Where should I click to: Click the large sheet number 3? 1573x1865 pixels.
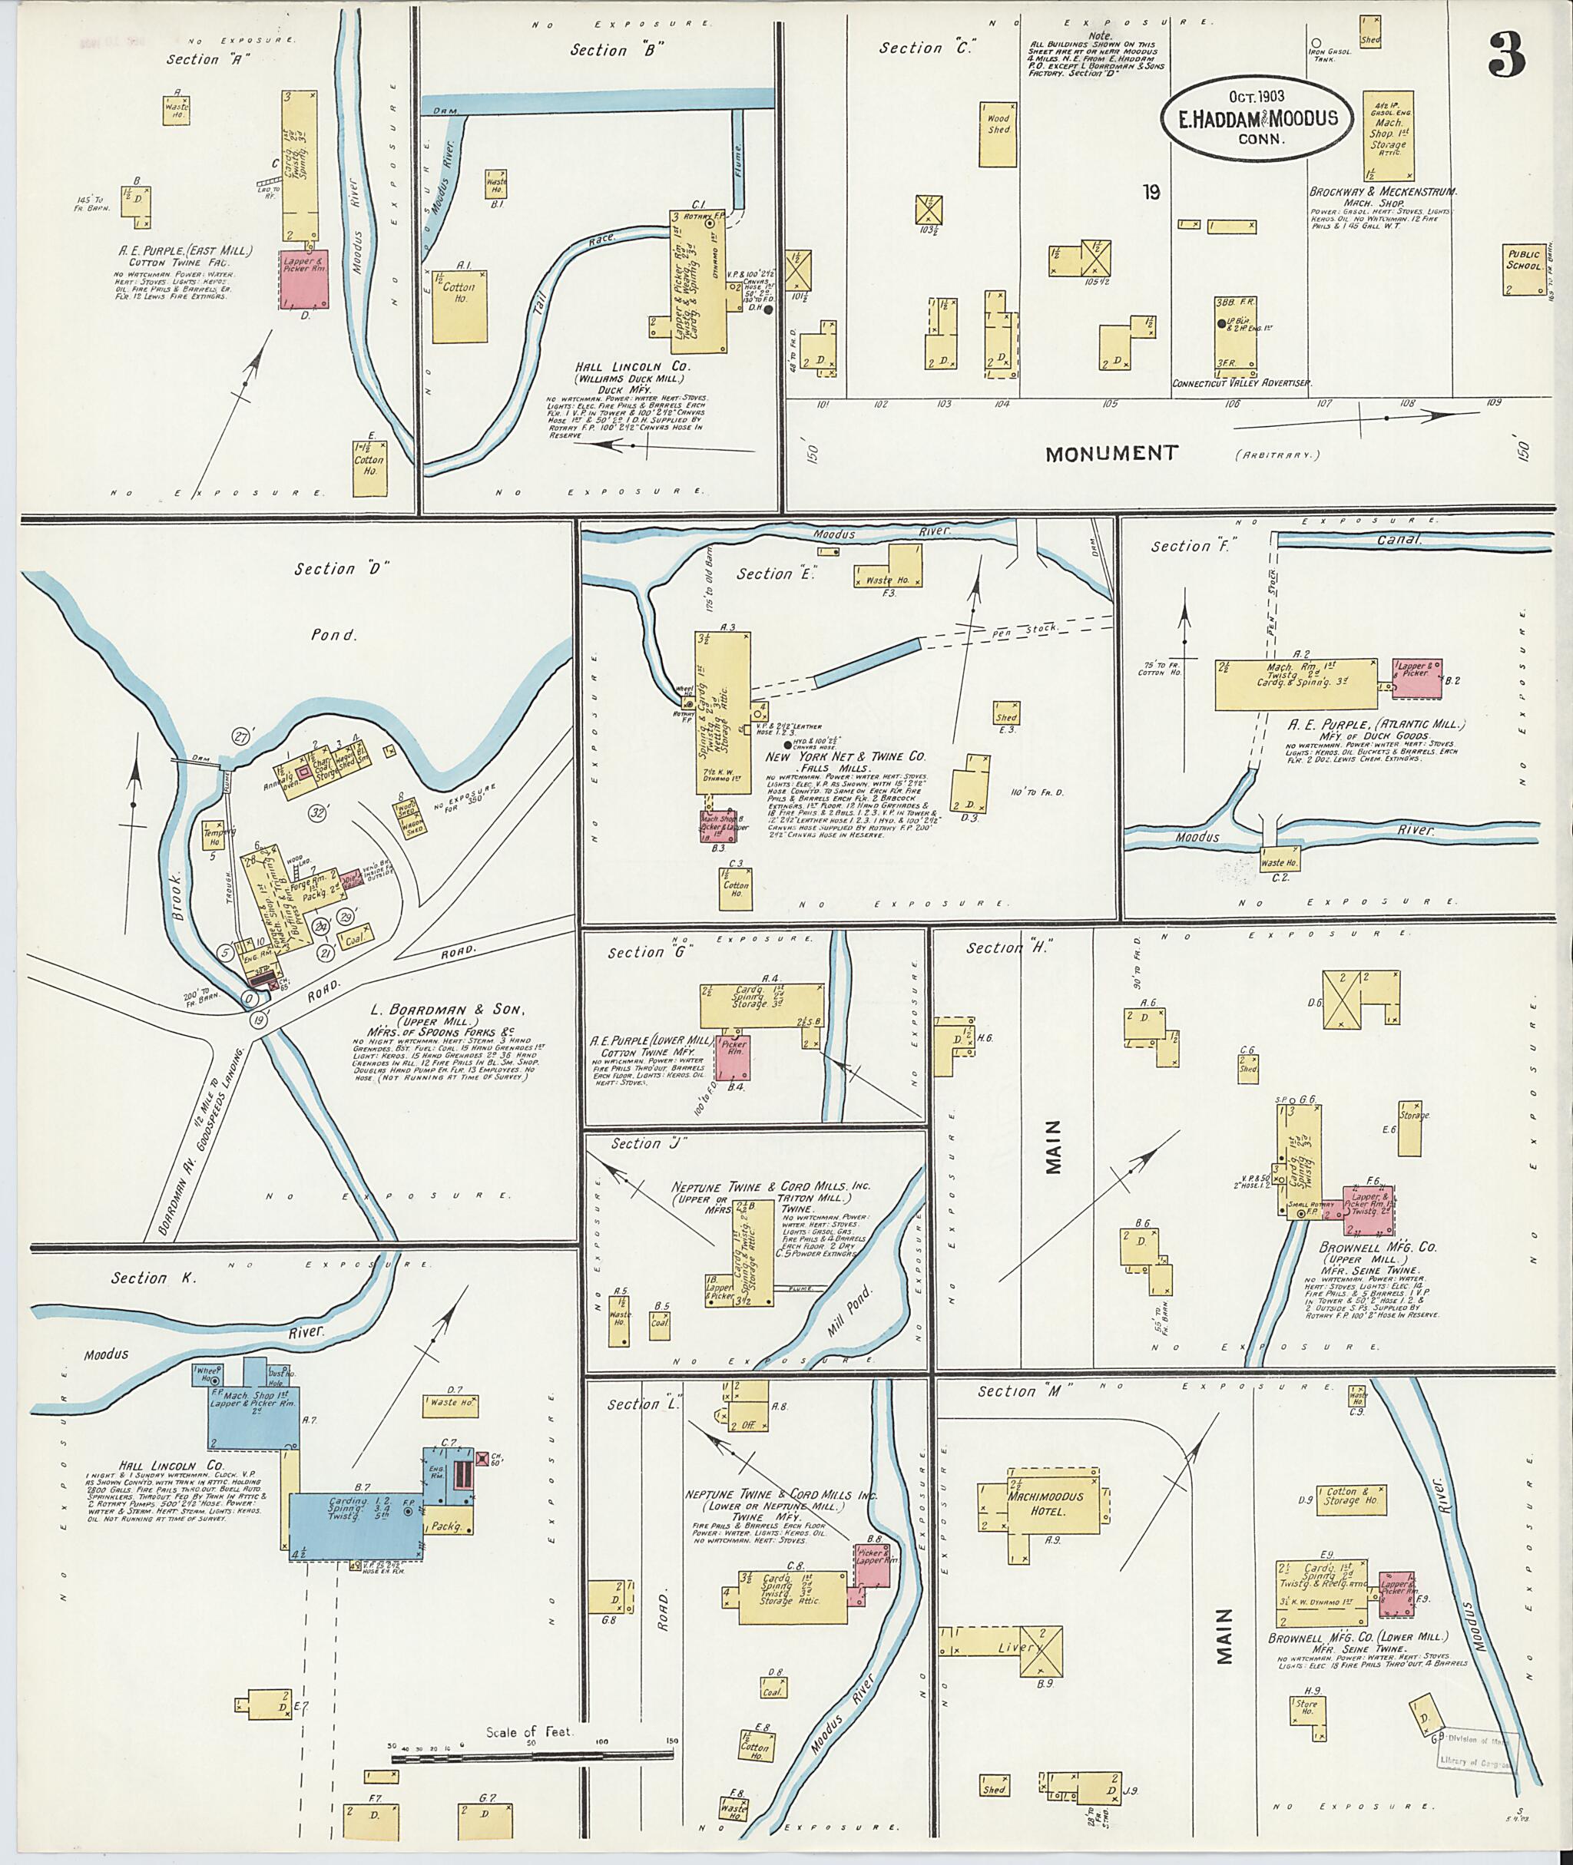(x=1507, y=56)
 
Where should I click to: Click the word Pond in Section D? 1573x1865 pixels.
(x=333, y=635)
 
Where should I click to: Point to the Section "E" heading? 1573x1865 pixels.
(x=764, y=574)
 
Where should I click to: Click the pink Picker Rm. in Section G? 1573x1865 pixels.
(x=733, y=1057)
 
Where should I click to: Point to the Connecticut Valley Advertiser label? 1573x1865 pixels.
(x=1241, y=382)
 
